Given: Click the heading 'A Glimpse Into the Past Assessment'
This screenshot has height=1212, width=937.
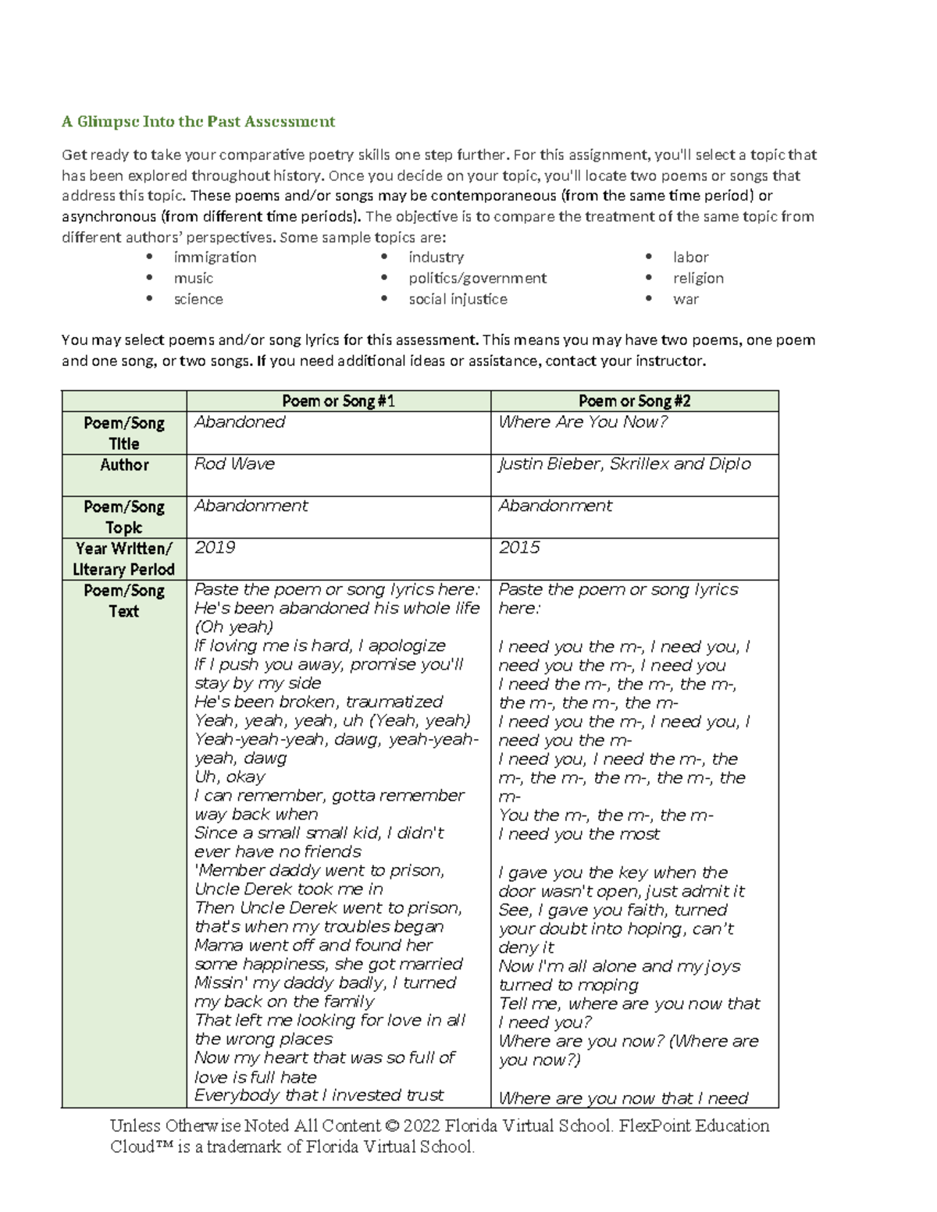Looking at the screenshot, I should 198,122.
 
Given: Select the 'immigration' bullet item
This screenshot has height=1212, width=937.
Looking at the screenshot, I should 215,258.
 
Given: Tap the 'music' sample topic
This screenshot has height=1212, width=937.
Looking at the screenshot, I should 193,279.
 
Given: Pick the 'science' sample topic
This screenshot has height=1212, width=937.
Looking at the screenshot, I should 198,300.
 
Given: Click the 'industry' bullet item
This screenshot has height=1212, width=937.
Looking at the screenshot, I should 436,258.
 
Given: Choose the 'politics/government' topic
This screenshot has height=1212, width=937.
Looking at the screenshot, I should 477,279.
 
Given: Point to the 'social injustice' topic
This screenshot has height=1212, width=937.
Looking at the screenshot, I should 458,300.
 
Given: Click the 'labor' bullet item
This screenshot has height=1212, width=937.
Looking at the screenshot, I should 690,258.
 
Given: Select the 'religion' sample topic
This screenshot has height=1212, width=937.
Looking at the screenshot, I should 698,279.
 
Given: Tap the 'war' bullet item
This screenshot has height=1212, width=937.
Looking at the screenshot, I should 686,300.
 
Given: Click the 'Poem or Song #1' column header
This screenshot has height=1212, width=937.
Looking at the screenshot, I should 338,401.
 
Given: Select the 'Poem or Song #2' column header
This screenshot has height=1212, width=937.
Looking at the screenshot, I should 634,401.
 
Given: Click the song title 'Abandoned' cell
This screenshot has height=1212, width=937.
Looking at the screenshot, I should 240,422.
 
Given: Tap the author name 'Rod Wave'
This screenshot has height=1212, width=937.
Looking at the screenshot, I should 234,464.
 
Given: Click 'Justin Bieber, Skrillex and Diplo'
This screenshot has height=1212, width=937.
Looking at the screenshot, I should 624,464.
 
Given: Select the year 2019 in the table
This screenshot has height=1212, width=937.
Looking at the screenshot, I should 215,548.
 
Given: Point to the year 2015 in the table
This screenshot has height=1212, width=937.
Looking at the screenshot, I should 518,548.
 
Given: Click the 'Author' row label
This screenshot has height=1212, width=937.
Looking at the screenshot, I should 124,465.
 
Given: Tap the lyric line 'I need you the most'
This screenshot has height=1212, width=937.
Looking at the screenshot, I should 579,834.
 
